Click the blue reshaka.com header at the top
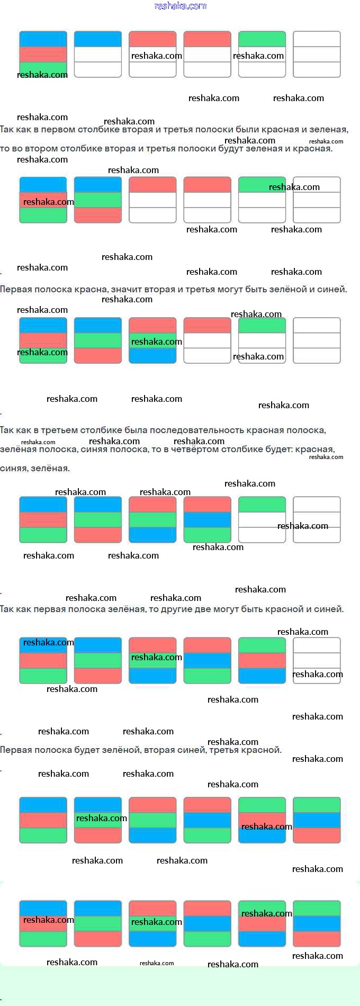(180, 6)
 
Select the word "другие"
(168, 609)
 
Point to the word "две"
(195, 609)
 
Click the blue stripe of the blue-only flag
(98, 39)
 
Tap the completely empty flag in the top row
(317, 55)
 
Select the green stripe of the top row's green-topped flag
(262, 39)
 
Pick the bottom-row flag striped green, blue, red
(317, 923)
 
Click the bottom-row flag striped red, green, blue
(152, 923)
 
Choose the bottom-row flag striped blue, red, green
(43, 923)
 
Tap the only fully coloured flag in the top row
(43, 55)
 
